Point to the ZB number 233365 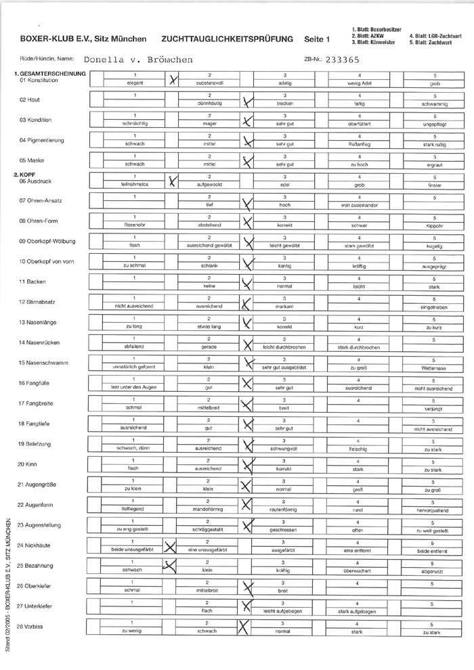pyautogui.click(x=343, y=59)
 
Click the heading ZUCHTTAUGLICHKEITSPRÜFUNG pyautogui.click(x=228, y=40)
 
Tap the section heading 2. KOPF pyautogui.click(x=25, y=175)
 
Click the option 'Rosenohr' pyautogui.click(x=134, y=225)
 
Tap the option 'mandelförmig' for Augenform pyautogui.click(x=209, y=508)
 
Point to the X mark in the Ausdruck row pyautogui.click(x=173, y=180)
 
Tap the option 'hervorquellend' pyautogui.click(x=432, y=508)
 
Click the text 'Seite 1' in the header pyautogui.click(x=317, y=40)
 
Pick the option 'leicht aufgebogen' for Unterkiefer pyautogui.click(x=284, y=610)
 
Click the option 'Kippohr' pyautogui.click(x=432, y=225)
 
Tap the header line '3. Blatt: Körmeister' pyautogui.click(x=373, y=42)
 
